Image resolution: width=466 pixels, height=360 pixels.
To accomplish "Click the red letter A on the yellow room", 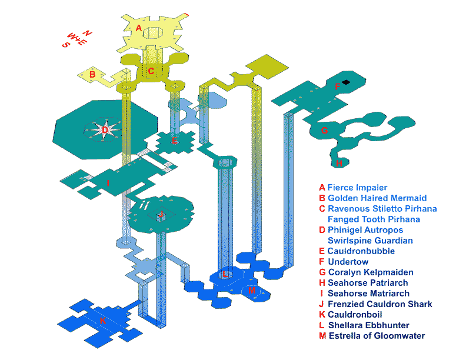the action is point(138,28).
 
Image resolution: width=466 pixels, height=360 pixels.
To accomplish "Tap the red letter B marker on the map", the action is point(92,74).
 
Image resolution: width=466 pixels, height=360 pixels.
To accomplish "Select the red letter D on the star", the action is point(105,130).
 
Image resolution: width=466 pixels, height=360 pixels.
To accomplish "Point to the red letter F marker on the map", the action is point(338,86).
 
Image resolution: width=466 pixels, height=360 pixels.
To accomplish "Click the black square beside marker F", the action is point(345,82).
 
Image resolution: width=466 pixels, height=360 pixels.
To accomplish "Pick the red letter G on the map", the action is point(324,130).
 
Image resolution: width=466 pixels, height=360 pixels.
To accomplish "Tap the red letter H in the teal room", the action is point(339,163).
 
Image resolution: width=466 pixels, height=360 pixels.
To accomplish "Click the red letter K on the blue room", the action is point(103,321).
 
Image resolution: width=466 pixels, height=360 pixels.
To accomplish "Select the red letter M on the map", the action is point(252,290).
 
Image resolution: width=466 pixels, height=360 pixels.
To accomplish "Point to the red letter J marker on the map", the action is point(161,214).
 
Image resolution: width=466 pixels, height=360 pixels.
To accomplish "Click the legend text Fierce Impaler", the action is point(357,188).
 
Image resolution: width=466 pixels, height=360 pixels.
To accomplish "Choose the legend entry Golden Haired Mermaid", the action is point(377,198).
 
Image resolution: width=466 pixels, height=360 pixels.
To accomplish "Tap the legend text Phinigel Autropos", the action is point(365,230).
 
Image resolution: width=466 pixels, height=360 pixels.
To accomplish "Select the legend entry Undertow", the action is point(348,262).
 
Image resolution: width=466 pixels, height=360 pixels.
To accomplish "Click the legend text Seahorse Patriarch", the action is point(368,283).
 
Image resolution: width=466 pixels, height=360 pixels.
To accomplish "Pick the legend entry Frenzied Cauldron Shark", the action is point(380,304).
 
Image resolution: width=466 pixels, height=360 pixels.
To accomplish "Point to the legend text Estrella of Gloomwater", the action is point(377,336).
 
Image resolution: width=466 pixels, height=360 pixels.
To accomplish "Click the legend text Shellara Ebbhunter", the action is point(368,325).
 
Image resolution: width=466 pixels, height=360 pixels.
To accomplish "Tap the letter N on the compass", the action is point(87,33).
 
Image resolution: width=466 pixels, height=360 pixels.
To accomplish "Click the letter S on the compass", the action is point(65,45).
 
